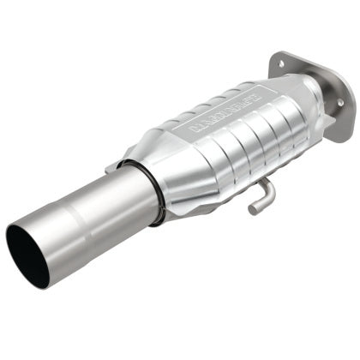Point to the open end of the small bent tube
click(253, 208)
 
